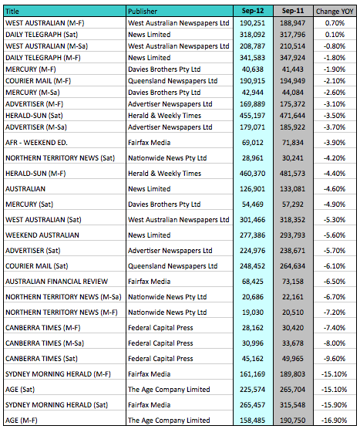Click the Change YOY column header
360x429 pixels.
[x=335, y=12]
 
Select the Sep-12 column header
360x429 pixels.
[x=253, y=11]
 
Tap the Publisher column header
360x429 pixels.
[x=143, y=12]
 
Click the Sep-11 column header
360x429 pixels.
[x=293, y=11]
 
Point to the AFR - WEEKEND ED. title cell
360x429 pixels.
[x=36, y=143]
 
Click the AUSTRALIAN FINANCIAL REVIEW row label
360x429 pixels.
[x=56, y=282]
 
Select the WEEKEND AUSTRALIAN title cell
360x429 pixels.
[x=42, y=235]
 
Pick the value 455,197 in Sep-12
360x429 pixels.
[x=252, y=116]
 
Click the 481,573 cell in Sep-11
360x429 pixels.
[x=292, y=174]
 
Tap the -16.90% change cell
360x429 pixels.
[x=335, y=421]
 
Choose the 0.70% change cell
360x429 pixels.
[x=335, y=23]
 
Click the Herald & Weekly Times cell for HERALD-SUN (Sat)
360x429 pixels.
[x=164, y=116]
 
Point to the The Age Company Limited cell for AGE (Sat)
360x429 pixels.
[x=169, y=390]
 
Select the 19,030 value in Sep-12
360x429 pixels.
[x=253, y=312]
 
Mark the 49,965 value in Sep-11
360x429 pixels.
[x=293, y=359]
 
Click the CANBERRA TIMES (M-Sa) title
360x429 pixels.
[x=45, y=343]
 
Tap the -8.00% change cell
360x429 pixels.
[x=335, y=343]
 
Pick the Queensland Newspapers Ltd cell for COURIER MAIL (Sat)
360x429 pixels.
[x=173, y=266]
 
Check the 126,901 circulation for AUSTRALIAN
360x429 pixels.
[x=252, y=189]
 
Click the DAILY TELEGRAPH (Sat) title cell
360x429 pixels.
[x=42, y=35]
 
